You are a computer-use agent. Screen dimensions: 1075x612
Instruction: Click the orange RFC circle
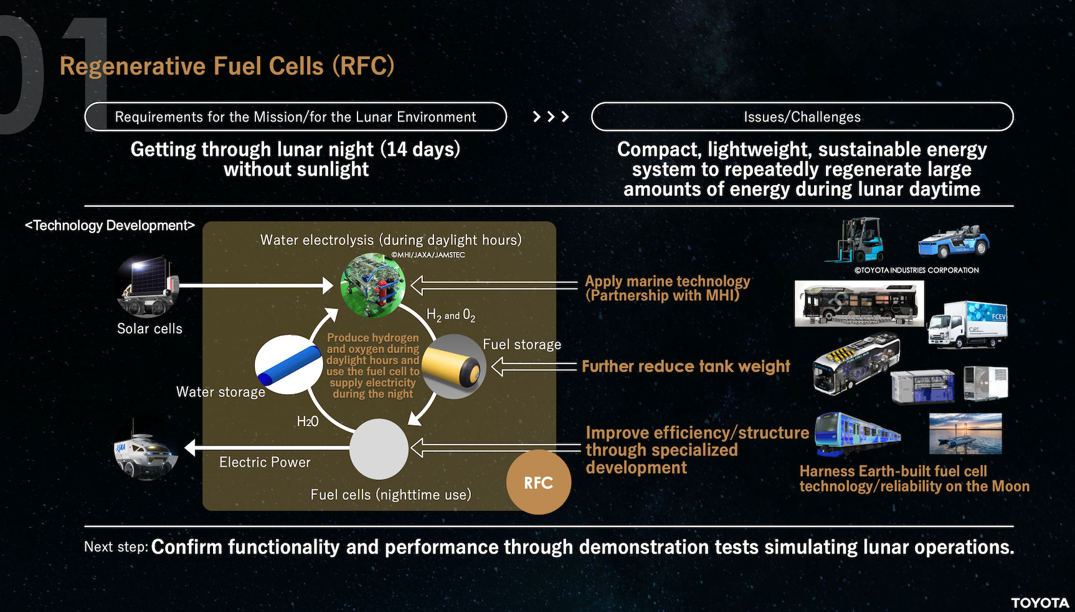pos(539,482)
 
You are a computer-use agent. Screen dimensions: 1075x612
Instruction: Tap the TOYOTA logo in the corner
pos(1039,603)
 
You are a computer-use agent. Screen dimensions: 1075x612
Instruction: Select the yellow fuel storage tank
pos(454,366)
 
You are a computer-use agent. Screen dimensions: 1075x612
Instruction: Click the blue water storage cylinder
pos(288,365)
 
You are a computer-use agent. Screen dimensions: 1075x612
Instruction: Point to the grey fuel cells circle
pos(379,449)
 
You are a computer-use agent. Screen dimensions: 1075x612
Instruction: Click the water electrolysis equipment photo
pos(373,285)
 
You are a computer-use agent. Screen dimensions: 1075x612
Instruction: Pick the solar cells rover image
pos(148,287)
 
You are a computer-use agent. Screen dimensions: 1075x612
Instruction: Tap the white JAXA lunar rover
pos(146,448)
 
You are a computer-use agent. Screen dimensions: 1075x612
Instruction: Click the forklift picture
pos(854,240)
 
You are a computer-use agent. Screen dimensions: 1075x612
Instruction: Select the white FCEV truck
pos(967,324)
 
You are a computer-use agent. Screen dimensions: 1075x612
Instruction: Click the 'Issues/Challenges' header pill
pos(802,117)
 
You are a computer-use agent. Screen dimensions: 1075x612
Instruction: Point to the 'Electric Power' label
pos(265,462)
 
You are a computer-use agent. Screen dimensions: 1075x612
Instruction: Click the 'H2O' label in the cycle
pos(308,422)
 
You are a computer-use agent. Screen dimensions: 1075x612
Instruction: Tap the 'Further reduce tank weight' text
pos(686,366)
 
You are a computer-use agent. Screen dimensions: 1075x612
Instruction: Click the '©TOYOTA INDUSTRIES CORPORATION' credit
pos(917,270)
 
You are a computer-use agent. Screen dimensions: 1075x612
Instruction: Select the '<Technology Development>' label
pos(110,226)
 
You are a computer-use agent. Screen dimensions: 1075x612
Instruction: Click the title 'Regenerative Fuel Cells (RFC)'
pos(227,66)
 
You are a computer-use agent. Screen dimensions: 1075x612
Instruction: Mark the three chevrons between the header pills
pos(551,117)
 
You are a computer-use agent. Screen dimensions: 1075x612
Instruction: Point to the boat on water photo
pos(965,433)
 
